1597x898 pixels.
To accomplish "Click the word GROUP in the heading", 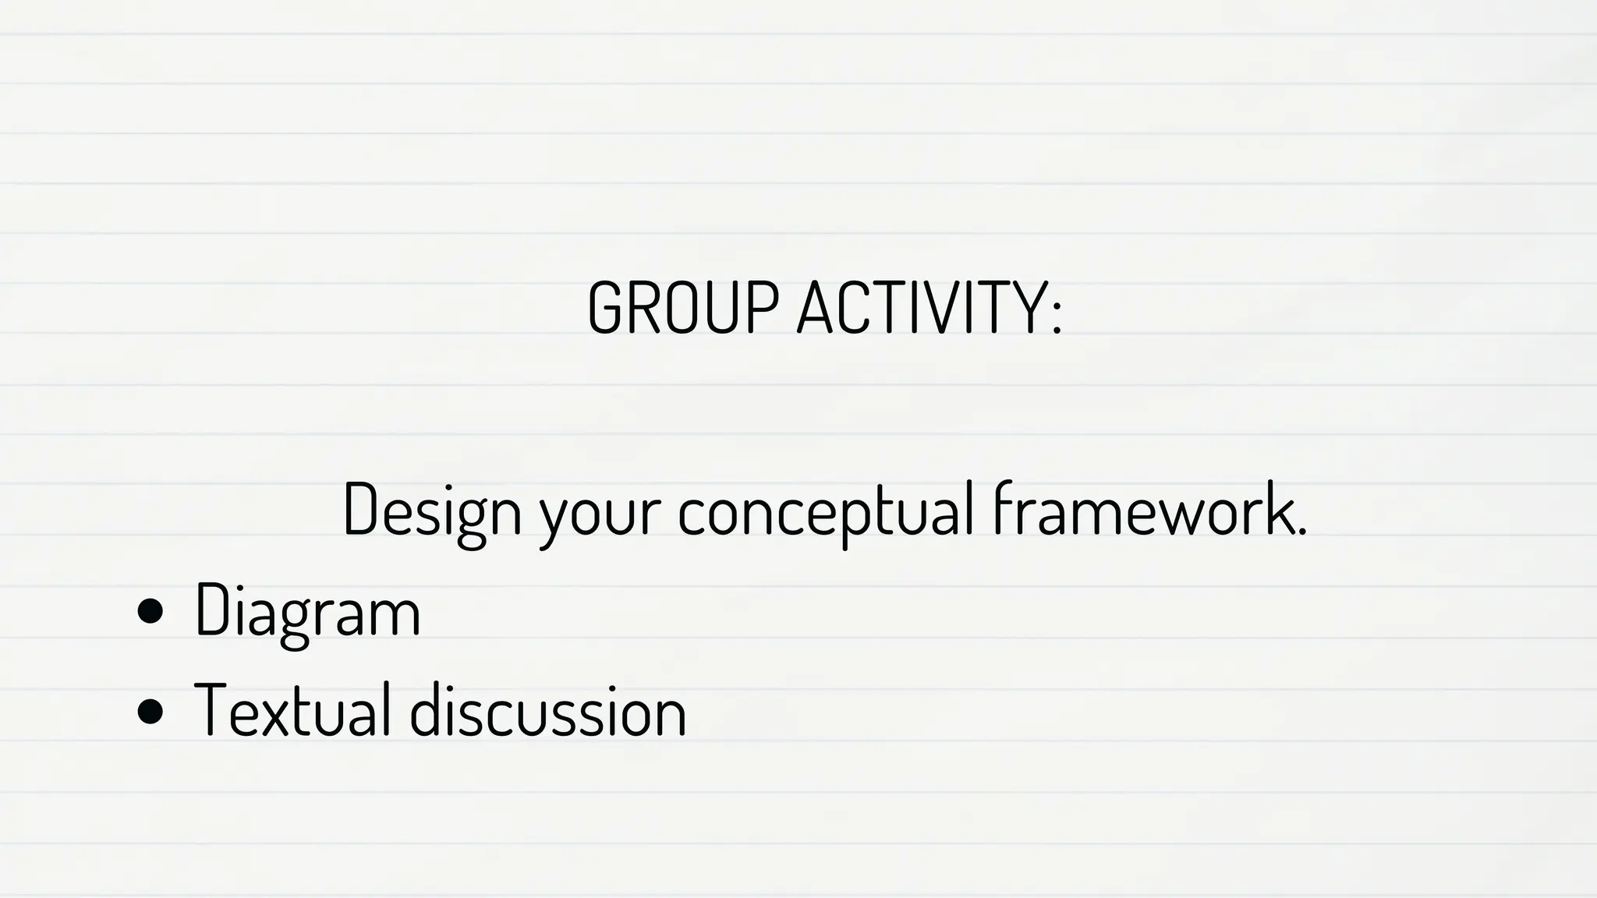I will [x=682, y=307].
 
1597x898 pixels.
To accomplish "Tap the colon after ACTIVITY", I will [x=1056, y=316].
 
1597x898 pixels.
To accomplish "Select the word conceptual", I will [x=826, y=511].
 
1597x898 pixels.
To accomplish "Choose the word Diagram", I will [x=307, y=611].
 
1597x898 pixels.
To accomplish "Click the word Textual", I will [x=292, y=709].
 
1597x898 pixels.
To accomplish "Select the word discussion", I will [x=547, y=709].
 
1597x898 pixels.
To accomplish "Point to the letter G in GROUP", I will [x=607, y=307].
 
